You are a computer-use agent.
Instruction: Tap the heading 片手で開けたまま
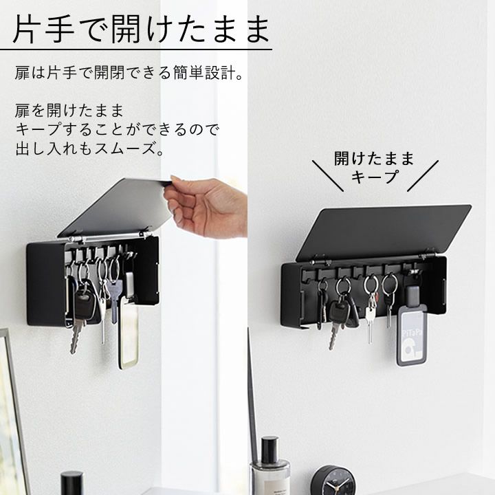[x=141, y=28]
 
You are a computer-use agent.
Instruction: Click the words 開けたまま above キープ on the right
[x=375, y=158]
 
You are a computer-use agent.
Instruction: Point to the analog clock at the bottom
[x=333, y=481]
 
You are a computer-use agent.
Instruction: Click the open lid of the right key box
[x=384, y=232]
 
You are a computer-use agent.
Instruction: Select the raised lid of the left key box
[x=115, y=207]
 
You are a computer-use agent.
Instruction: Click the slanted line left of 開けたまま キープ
[x=328, y=176]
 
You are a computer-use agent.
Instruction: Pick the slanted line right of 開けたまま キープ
[x=423, y=176]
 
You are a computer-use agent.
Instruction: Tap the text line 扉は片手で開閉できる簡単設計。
[x=129, y=73]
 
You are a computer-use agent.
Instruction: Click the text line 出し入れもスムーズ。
[x=90, y=148]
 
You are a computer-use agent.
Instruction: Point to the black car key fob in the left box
[x=85, y=304]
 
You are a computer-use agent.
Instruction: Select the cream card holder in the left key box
[x=129, y=331]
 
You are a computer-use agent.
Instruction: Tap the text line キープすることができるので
[x=117, y=129]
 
